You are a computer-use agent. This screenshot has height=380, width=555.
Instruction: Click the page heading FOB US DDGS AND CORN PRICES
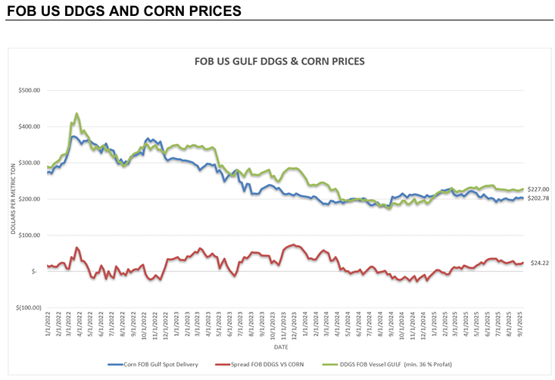(x=123, y=11)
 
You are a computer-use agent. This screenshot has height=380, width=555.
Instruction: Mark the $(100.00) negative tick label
(x=28, y=308)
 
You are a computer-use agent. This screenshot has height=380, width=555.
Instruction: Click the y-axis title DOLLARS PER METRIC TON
(x=13, y=199)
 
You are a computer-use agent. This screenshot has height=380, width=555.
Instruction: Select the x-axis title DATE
(x=280, y=348)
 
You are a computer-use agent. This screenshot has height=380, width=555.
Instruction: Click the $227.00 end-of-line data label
(x=539, y=189)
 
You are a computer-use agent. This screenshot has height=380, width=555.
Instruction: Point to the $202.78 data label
(x=539, y=198)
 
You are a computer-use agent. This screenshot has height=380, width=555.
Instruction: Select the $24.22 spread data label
(x=539, y=263)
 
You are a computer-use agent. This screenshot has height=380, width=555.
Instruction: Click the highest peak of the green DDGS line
(x=76, y=114)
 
